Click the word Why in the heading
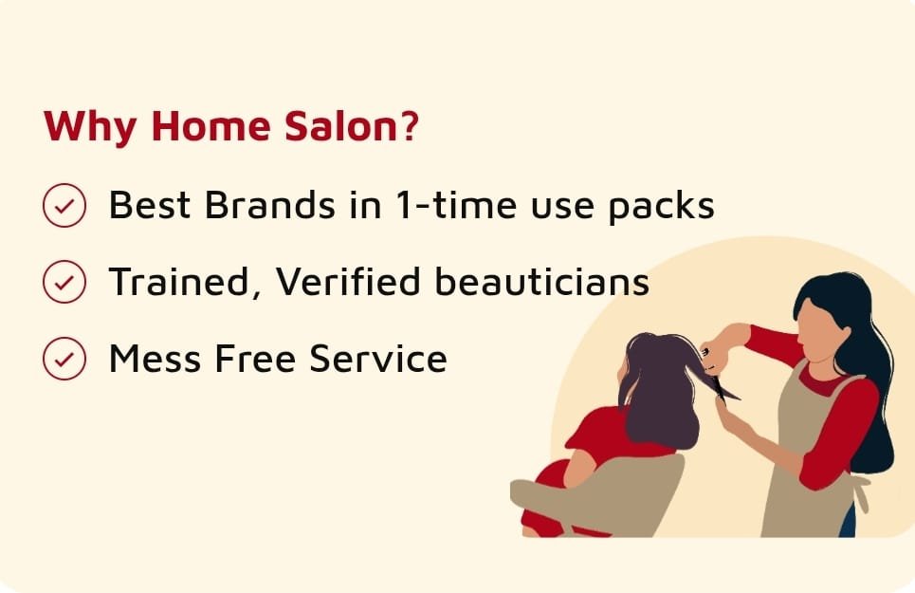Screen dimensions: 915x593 click(90, 126)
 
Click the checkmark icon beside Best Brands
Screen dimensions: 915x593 click(64, 205)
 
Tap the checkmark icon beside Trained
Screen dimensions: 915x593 click(64, 282)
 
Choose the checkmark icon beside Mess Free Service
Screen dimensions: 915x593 click(64, 358)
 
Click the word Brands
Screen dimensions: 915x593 click(270, 204)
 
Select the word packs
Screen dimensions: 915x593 click(661, 207)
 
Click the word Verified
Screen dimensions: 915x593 click(348, 281)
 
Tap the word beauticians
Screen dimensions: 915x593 click(542, 281)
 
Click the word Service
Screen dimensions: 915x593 click(378, 358)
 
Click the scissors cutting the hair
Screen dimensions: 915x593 click(723, 385)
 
